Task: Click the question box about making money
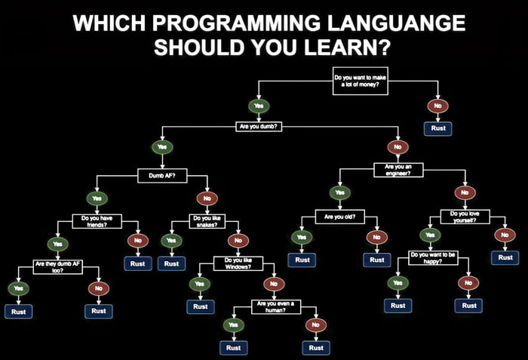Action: [x=360, y=79]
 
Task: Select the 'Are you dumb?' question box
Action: [x=260, y=127]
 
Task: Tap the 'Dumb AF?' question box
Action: [x=157, y=177]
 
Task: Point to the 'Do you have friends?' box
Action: [x=97, y=221]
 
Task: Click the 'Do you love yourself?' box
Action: [x=469, y=217]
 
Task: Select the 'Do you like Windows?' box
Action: [x=238, y=263]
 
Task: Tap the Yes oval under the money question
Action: [x=259, y=106]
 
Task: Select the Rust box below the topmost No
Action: [x=438, y=128]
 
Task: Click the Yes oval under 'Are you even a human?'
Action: [x=232, y=325]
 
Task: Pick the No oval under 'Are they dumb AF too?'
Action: [x=98, y=288]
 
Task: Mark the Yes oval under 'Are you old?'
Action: [x=301, y=237]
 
